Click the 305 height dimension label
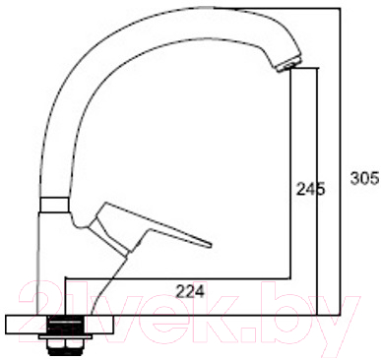tap(364, 178)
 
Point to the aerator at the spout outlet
tap(286, 64)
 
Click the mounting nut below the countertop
tap(65, 343)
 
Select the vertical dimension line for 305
tap(341, 157)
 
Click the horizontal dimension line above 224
tap(177, 277)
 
